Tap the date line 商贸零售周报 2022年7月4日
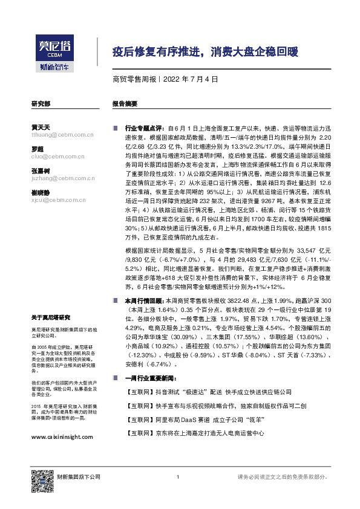click(165, 79)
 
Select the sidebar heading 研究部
click(40, 103)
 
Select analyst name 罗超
click(37, 149)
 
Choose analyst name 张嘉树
click(40, 170)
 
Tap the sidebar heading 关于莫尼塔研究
click(51, 317)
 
